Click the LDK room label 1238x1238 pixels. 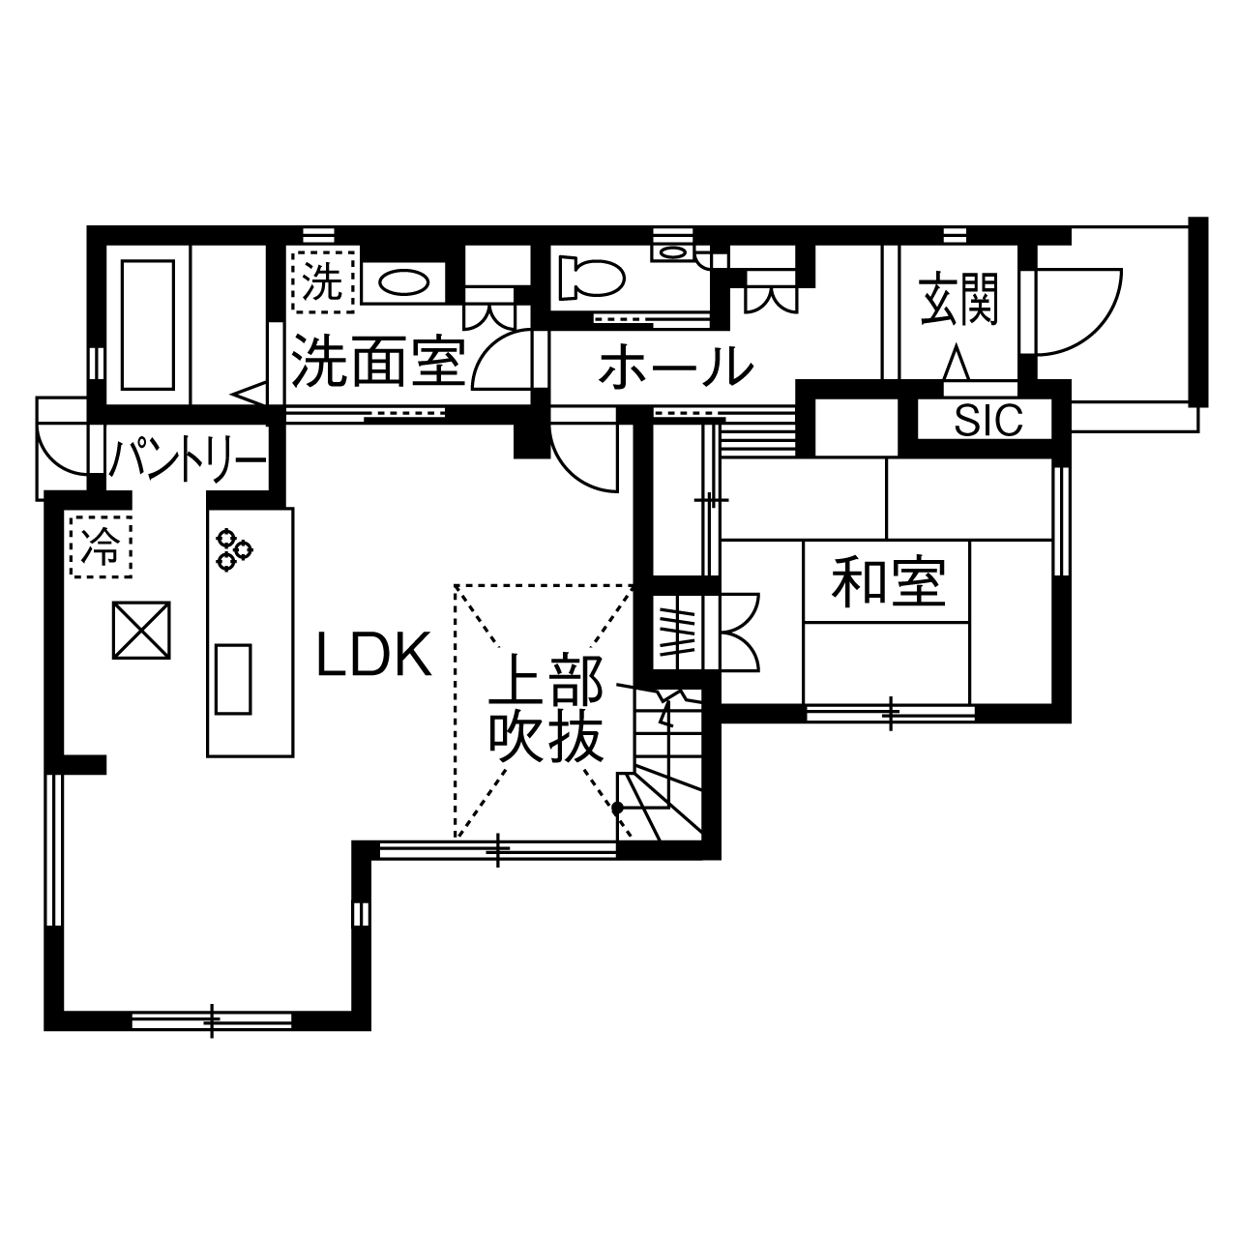coord(374,656)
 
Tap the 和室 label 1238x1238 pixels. coord(888,583)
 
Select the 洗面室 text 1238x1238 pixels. coord(378,361)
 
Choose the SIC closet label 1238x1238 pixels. coord(988,421)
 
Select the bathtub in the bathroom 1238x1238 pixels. coord(145,325)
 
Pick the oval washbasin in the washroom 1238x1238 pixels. coord(402,282)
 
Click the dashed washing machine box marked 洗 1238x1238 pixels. coord(322,280)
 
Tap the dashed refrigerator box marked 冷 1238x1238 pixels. coord(101,546)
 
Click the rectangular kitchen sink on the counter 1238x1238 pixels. coord(232,678)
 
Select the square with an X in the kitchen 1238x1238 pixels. coord(141,631)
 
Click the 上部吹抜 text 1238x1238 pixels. coord(546,712)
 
